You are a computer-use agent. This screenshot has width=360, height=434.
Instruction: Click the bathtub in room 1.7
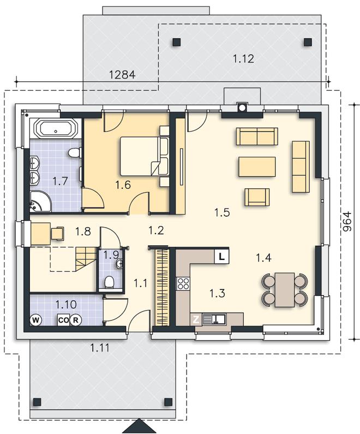[56, 129]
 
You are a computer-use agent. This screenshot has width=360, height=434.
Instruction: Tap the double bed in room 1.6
[144, 156]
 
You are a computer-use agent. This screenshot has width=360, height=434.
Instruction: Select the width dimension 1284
[123, 74]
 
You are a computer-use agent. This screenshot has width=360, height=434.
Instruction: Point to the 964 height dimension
[347, 222]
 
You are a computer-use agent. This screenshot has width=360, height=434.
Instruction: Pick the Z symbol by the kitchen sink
[196, 320]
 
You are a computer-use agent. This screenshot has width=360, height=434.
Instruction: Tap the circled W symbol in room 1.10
[35, 320]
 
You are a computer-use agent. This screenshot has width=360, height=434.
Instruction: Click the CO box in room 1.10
[63, 320]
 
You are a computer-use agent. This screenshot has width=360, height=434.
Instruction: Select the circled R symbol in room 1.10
[75, 320]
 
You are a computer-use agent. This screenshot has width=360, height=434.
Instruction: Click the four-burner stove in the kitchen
[183, 283]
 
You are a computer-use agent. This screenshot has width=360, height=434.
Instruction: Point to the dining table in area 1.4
[285, 290]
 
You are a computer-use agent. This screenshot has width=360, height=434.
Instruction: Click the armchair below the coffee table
[257, 197]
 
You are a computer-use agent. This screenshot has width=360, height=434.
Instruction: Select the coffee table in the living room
[257, 167]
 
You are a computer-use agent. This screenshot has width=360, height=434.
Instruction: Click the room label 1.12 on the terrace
[243, 58]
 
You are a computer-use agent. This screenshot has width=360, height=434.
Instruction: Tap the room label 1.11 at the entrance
[100, 348]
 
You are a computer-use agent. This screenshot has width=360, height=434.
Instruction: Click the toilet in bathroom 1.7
[75, 153]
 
